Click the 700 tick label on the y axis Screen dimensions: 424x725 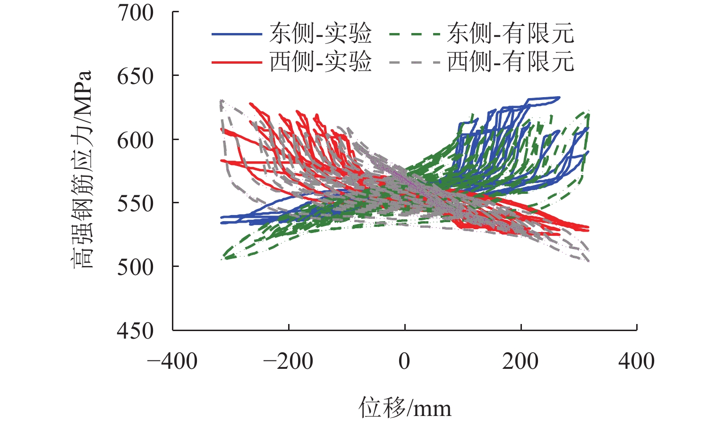pyautogui.click(x=136, y=13)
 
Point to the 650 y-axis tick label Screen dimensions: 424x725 pyautogui.click(x=136, y=76)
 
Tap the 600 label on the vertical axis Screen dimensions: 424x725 pyautogui.click(x=136, y=140)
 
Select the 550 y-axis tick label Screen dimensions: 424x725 pyautogui.click(x=136, y=204)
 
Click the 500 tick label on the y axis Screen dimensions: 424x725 pyautogui.click(x=136, y=267)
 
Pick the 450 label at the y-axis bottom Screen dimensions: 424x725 pyautogui.click(x=136, y=331)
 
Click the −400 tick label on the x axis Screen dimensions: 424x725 pyautogui.click(x=172, y=362)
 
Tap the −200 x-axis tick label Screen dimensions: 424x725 pyautogui.click(x=288, y=362)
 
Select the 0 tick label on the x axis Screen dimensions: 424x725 pyautogui.click(x=404, y=362)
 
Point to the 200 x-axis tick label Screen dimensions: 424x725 pyautogui.click(x=520, y=362)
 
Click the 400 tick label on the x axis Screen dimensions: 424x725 pyautogui.click(x=637, y=362)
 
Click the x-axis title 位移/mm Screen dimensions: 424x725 pyautogui.click(x=405, y=407)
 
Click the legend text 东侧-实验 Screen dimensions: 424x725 pyautogui.click(x=321, y=34)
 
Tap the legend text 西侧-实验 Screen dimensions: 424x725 pyautogui.click(x=321, y=62)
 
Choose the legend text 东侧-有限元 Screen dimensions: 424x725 pyautogui.click(x=511, y=34)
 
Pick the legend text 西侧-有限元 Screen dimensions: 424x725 pyautogui.click(x=511, y=62)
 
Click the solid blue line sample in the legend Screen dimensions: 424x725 pyautogui.click(x=236, y=34)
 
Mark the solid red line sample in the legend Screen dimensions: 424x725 pyautogui.click(x=236, y=62)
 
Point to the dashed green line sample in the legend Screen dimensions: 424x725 pyautogui.click(x=415, y=34)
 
